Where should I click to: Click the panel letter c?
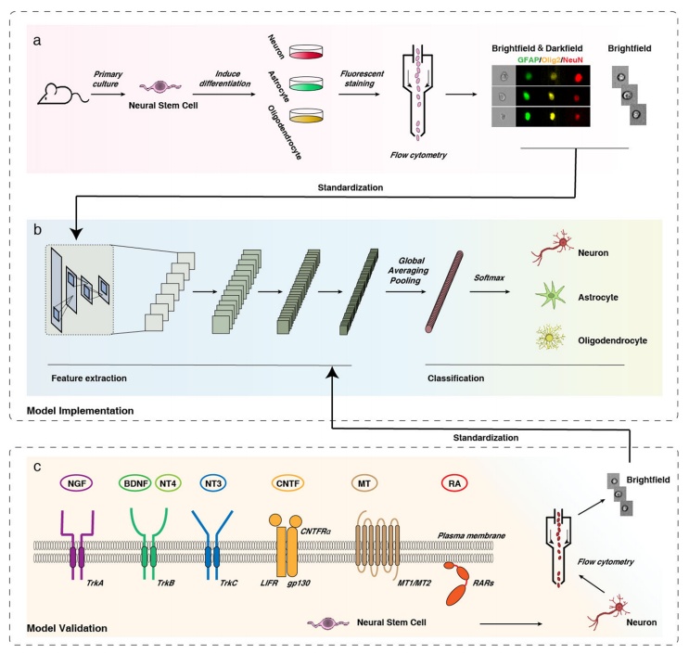point(37,466)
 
